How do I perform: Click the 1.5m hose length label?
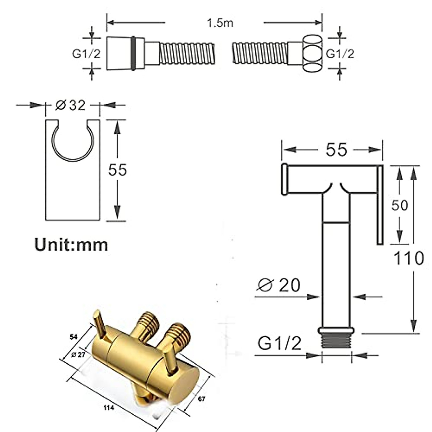[x=220, y=23]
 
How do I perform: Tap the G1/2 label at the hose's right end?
[x=340, y=54]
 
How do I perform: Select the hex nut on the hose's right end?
[x=312, y=53]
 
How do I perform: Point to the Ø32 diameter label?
[x=71, y=105]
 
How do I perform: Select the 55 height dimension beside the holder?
[x=118, y=170]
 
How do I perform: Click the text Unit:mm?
[x=71, y=245]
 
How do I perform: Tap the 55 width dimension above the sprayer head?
[x=336, y=149]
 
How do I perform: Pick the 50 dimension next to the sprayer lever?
[x=399, y=205]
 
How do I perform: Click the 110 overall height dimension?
[x=408, y=258]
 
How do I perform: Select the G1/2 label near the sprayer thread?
[x=279, y=344]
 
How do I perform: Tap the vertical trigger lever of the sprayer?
[x=380, y=205]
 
